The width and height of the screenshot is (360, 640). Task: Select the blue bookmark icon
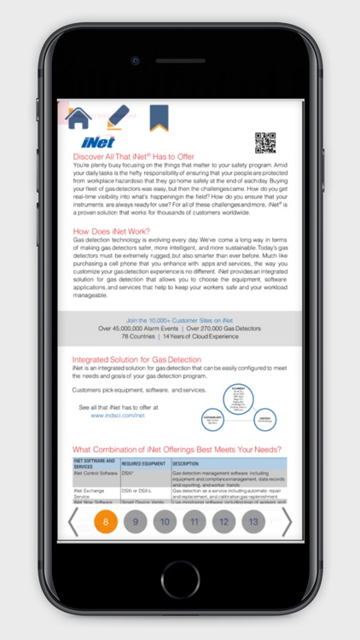(x=159, y=117)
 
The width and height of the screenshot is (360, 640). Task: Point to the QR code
(x=265, y=143)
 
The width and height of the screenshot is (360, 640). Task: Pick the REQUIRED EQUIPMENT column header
(x=142, y=463)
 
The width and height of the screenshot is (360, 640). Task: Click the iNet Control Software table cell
(x=95, y=472)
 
